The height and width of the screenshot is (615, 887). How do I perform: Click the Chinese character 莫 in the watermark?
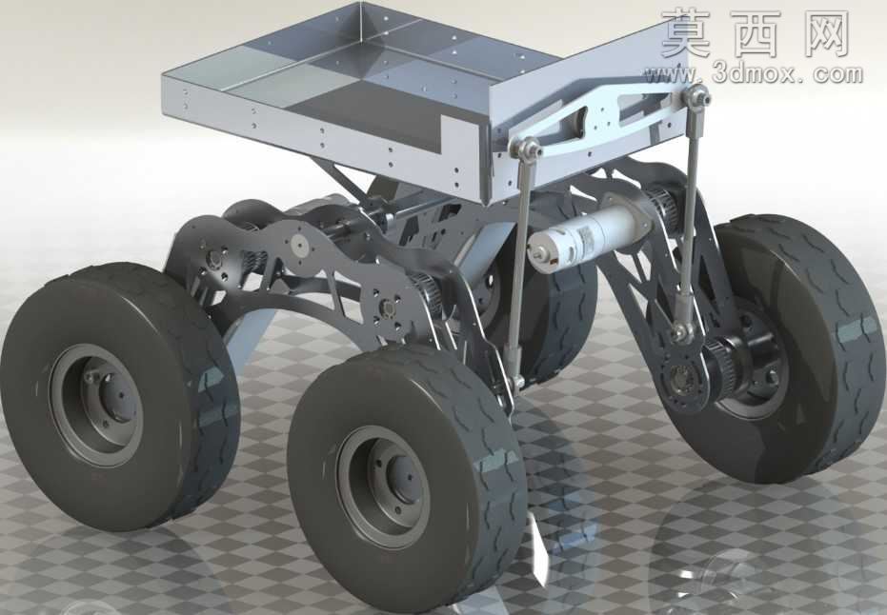coord(687,33)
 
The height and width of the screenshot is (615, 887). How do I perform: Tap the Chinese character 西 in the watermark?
coord(759,33)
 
